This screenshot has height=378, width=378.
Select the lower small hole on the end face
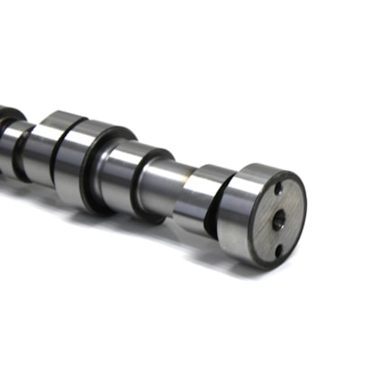[278, 249]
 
